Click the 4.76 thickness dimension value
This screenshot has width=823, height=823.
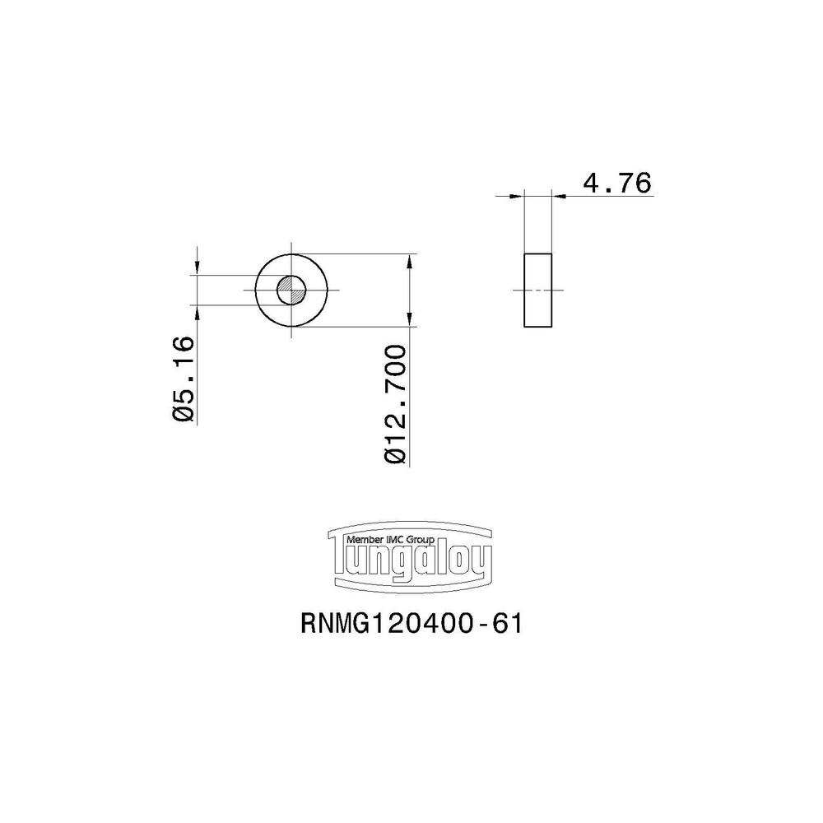(x=616, y=183)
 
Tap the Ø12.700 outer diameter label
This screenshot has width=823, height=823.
(x=396, y=405)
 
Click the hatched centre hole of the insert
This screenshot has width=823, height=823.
(x=291, y=290)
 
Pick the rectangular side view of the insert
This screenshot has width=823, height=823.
(x=539, y=291)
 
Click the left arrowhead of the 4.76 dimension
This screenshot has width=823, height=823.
(x=518, y=196)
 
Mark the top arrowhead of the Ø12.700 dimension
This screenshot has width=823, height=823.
(x=410, y=260)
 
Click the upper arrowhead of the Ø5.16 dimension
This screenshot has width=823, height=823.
(x=198, y=269)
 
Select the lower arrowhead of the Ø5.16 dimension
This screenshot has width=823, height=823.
(x=198, y=311)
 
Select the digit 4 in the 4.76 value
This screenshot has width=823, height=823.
(x=591, y=183)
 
